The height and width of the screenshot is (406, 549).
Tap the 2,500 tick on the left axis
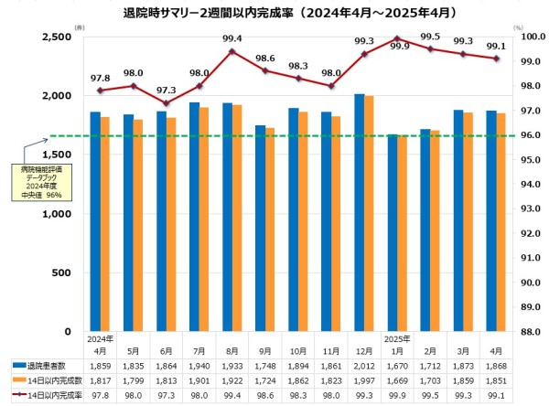58,37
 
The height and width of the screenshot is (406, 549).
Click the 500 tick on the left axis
66,273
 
